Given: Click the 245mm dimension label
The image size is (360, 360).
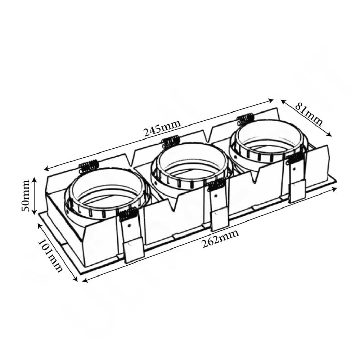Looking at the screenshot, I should pos(162,128).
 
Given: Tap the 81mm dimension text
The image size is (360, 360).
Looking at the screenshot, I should pos(309,114).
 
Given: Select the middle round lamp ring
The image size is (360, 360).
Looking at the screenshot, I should pos(190,166).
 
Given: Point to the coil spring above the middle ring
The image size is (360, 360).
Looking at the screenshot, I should pos(171,142).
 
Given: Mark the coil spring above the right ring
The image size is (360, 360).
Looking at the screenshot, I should pos(246,119).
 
